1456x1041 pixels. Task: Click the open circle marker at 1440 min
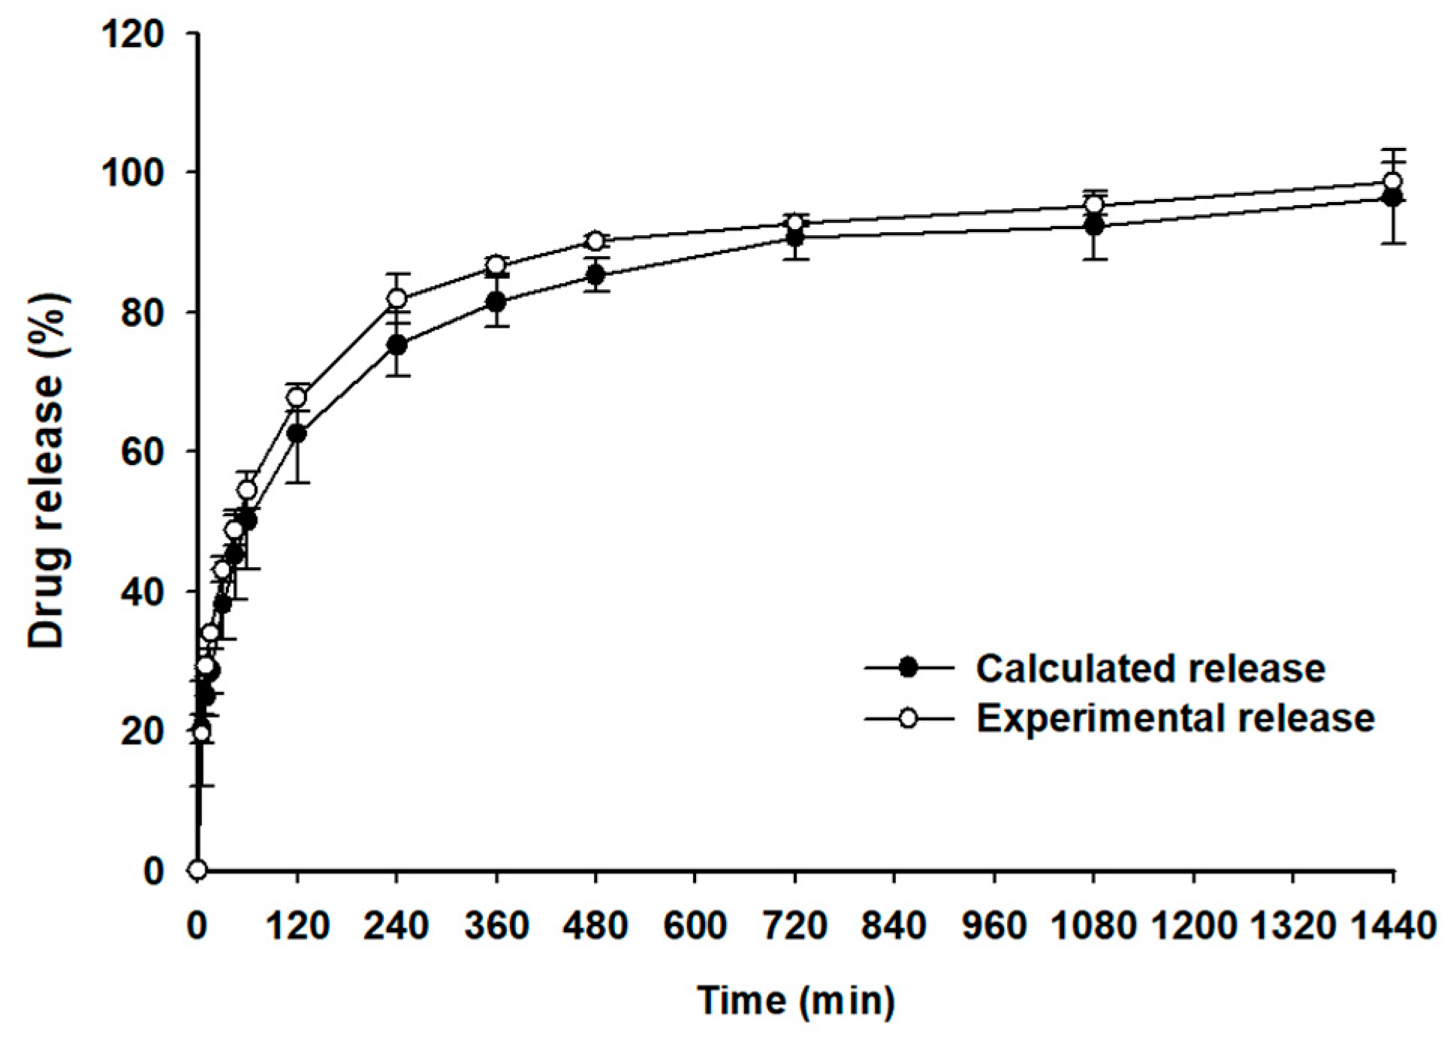[x=1393, y=182]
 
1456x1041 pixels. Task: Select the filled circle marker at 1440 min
[x=1393, y=198]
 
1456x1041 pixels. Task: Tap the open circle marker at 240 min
[x=397, y=298]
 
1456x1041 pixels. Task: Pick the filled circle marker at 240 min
[x=397, y=345]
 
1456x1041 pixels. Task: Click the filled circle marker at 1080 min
[x=1095, y=225]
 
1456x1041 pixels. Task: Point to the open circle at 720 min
[x=795, y=223]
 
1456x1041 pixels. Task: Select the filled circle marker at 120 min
[x=297, y=433]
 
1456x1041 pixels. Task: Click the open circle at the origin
[x=198, y=870]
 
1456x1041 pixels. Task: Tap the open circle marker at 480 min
[x=595, y=241]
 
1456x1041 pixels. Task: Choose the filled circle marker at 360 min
[x=496, y=302]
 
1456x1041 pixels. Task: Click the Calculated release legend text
[x=1150, y=668]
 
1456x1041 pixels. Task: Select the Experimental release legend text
[x=1175, y=718]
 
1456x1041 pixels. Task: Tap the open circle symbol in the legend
[x=908, y=719]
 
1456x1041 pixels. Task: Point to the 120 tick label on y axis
[x=133, y=34]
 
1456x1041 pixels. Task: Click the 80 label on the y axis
[x=143, y=312]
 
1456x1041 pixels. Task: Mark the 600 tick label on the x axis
[x=695, y=926]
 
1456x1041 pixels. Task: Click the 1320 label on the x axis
[x=1293, y=926]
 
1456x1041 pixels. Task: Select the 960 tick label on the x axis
[x=994, y=926]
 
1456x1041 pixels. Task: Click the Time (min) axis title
[x=796, y=1000]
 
